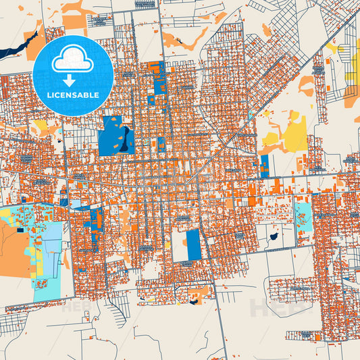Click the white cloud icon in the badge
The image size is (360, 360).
pos(73,59)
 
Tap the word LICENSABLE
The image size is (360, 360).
pos(73,95)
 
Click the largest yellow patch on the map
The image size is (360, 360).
pos(295,136)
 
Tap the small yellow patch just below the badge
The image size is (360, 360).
pos(42,126)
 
